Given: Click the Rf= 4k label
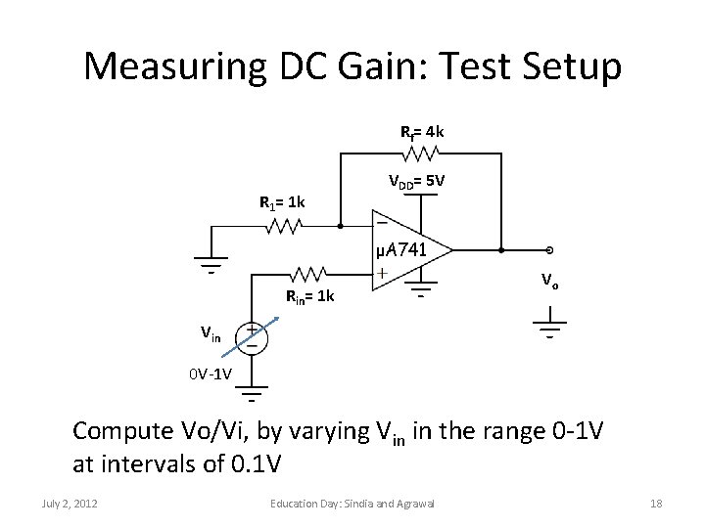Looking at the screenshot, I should [x=422, y=131].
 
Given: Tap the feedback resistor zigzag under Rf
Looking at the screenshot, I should [x=422, y=153].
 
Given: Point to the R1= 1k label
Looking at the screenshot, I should [x=282, y=203].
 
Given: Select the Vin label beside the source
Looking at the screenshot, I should [x=211, y=333].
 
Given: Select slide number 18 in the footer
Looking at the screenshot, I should [x=656, y=503].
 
